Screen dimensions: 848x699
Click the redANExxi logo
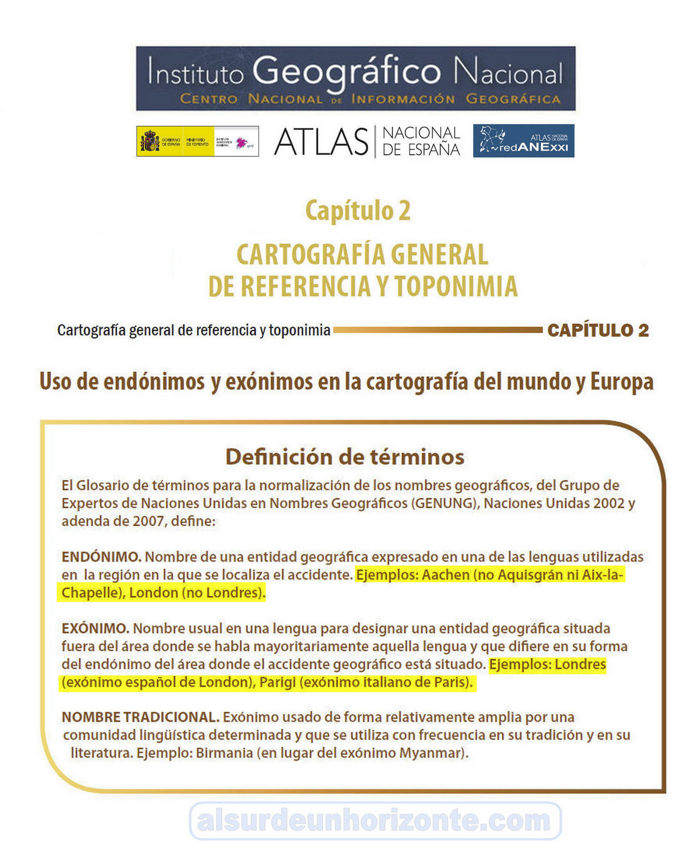point(523,141)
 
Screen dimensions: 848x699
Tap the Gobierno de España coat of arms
point(150,141)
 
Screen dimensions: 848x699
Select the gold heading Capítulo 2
point(358,211)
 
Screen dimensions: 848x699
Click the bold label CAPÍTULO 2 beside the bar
point(598,331)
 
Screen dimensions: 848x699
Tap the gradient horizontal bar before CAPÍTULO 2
point(438,330)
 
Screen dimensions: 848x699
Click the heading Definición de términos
point(345,457)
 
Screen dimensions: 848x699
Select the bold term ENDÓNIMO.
point(101,557)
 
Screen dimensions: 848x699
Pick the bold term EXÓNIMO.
point(95,628)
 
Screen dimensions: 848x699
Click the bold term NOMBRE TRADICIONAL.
point(140,717)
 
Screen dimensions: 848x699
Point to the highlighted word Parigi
point(278,682)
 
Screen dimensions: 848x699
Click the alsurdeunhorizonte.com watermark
point(375,820)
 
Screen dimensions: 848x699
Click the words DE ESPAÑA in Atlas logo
point(421,150)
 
